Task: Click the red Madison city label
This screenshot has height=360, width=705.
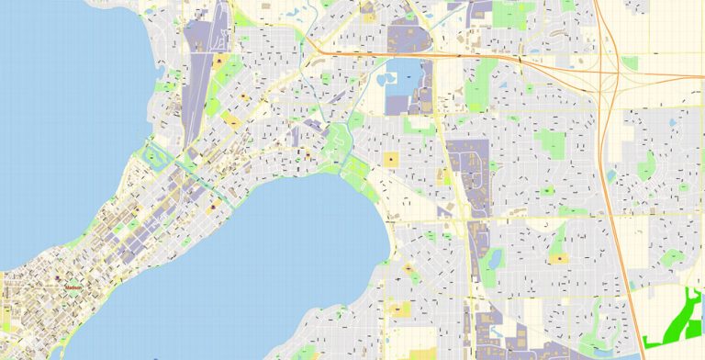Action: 73,287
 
